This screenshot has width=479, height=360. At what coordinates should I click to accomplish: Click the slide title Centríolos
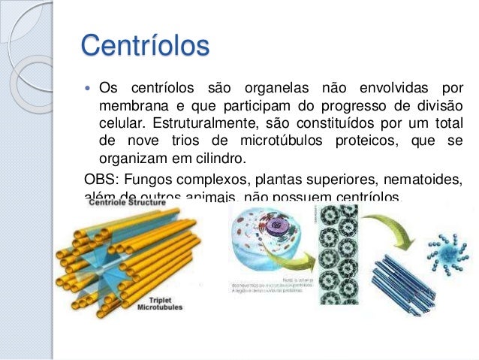tap(144, 47)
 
